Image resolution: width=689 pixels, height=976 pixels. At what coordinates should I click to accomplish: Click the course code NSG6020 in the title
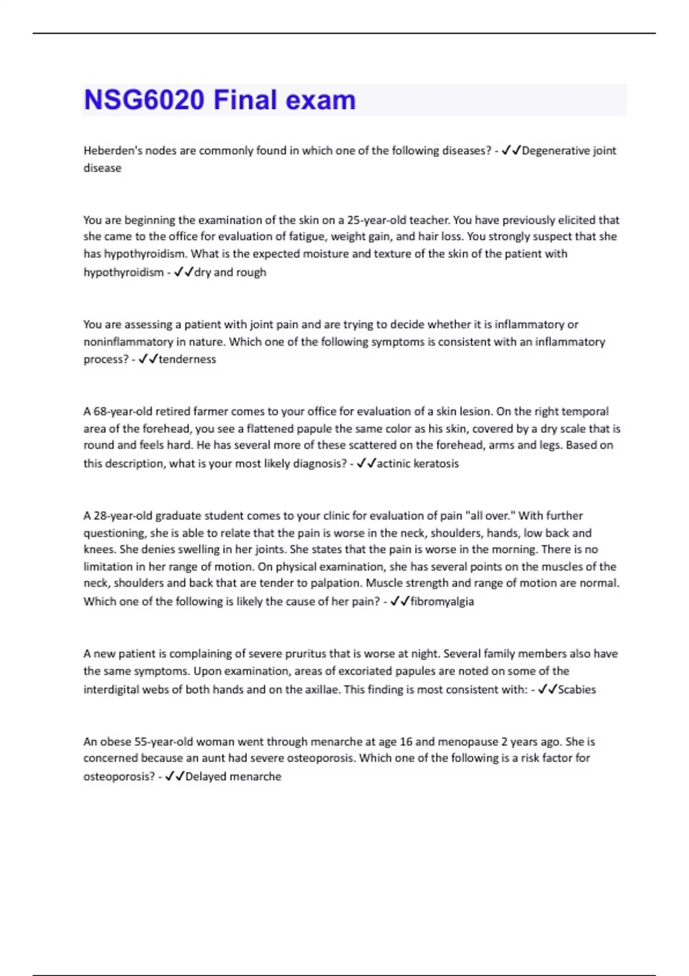pos(144,100)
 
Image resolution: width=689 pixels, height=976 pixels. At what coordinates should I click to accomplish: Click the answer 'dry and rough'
pos(230,272)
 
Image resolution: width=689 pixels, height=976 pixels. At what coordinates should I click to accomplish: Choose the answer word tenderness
pos(187,359)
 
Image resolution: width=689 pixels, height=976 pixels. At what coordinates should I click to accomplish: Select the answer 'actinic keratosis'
pos(417,463)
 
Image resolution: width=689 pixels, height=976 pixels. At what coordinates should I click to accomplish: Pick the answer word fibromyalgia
pos(442,601)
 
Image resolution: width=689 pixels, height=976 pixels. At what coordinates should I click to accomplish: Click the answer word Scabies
pos(576,689)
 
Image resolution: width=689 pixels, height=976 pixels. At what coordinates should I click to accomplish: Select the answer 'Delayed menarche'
pos(233,776)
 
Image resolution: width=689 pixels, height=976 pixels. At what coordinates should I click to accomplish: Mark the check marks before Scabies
pos(547,689)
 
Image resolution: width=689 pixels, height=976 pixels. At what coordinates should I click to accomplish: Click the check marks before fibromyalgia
pos(400,601)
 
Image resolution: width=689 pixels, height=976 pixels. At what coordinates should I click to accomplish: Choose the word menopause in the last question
pos(470,741)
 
